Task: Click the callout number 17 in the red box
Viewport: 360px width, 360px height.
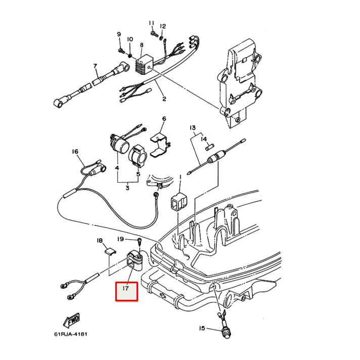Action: click(126, 291)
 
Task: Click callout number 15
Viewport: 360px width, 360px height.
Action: click(202, 329)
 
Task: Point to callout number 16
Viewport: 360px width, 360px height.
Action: click(75, 151)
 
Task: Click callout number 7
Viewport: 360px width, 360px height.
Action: click(95, 66)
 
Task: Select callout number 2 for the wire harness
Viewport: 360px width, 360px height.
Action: click(164, 99)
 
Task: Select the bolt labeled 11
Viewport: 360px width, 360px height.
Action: click(154, 33)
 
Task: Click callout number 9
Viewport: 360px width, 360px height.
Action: click(119, 34)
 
